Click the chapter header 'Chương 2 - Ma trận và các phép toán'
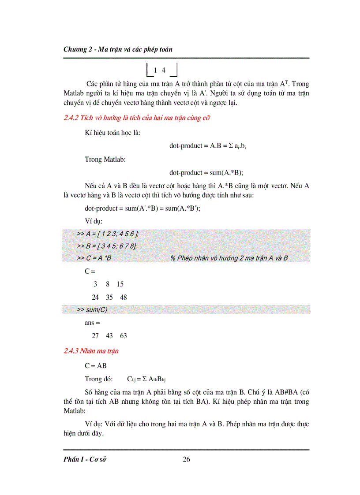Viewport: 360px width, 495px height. coord(118,49)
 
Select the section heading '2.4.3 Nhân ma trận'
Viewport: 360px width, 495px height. coord(91,351)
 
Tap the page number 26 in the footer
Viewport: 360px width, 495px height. coord(186,460)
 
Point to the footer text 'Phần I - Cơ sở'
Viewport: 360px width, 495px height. coord(86,460)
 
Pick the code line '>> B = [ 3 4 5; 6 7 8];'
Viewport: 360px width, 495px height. coord(107,246)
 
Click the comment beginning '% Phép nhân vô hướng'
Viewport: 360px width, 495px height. coord(229,258)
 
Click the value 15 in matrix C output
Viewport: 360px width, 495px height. coord(120,284)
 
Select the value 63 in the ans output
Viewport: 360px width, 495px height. coord(123,336)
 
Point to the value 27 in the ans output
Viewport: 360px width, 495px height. coord(95,336)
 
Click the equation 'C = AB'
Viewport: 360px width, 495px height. coord(96,366)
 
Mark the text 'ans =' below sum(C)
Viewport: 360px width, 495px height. coord(92,323)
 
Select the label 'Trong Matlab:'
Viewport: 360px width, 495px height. coord(105,159)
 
